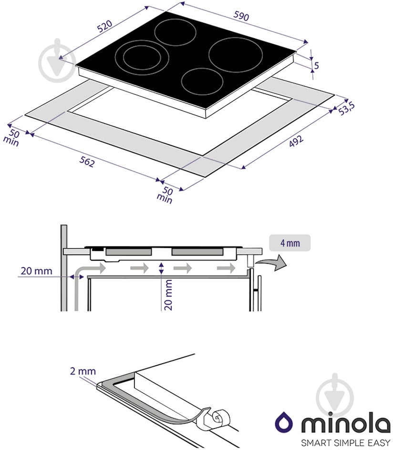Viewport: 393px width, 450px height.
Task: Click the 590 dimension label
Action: [x=241, y=16]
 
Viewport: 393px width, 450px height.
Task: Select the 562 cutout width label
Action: [x=87, y=163]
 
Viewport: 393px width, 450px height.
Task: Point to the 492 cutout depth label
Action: [x=296, y=141]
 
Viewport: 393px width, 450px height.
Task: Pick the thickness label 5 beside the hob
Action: [x=316, y=66]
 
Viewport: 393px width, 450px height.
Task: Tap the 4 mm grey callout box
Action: [x=290, y=243]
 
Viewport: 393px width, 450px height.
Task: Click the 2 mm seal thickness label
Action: [x=83, y=371]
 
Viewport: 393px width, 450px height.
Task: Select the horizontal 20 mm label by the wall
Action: [x=36, y=271]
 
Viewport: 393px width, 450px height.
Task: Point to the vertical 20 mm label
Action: [x=168, y=295]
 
